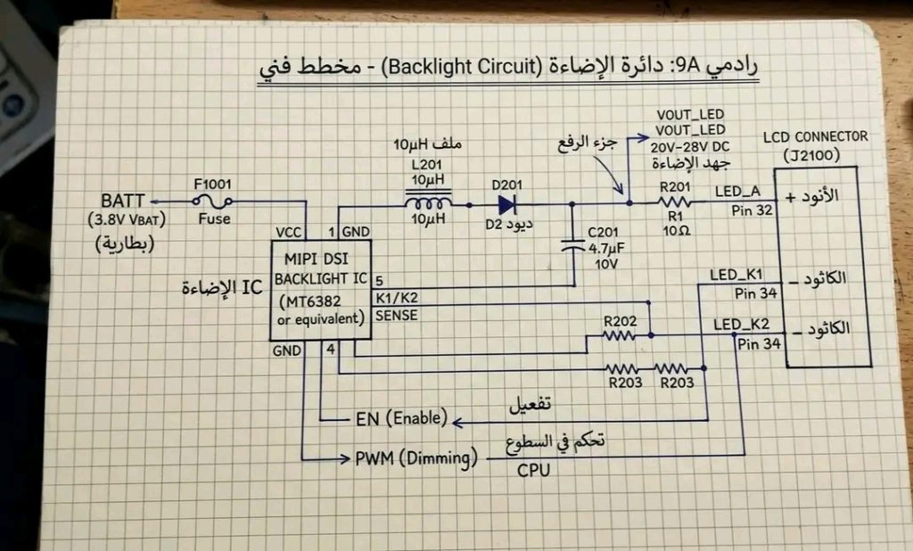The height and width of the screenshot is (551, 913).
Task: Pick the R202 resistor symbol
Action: pyautogui.click(x=618, y=336)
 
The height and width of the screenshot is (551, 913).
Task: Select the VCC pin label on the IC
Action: pyautogui.click(x=289, y=232)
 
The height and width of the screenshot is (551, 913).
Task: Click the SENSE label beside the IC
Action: pyautogui.click(x=396, y=315)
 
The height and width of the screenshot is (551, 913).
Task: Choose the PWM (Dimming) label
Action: pyautogui.click(x=416, y=458)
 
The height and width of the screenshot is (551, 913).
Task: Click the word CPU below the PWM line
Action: pyautogui.click(x=533, y=470)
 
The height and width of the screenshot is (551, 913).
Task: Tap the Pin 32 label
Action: pyautogui.click(x=751, y=210)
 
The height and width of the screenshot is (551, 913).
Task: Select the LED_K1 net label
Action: pyautogui.click(x=735, y=275)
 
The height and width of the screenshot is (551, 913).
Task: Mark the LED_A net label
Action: pyautogui.click(x=736, y=191)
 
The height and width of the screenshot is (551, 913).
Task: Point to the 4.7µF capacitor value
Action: pyautogui.click(x=606, y=251)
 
